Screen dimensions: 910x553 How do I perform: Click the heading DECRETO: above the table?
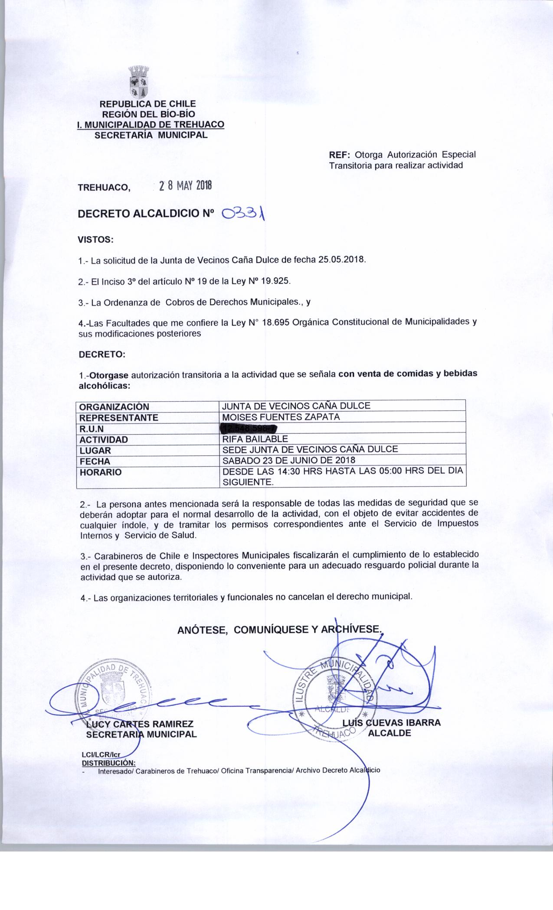coord(101,354)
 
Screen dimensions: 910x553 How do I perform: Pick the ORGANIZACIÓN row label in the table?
coord(114,406)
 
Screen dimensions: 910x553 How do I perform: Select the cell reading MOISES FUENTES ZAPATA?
coord(281,417)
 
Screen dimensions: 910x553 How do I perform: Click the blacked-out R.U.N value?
coord(249,429)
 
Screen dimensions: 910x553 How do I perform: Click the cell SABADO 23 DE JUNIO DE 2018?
coord(288,461)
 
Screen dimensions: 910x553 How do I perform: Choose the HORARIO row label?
coord(101,472)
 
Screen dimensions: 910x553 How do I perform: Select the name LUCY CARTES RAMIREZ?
coord(139,724)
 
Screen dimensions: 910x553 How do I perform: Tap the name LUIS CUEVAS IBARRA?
coord(391,722)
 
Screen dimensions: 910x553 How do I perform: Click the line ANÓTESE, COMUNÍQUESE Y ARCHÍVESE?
coord(280,630)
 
